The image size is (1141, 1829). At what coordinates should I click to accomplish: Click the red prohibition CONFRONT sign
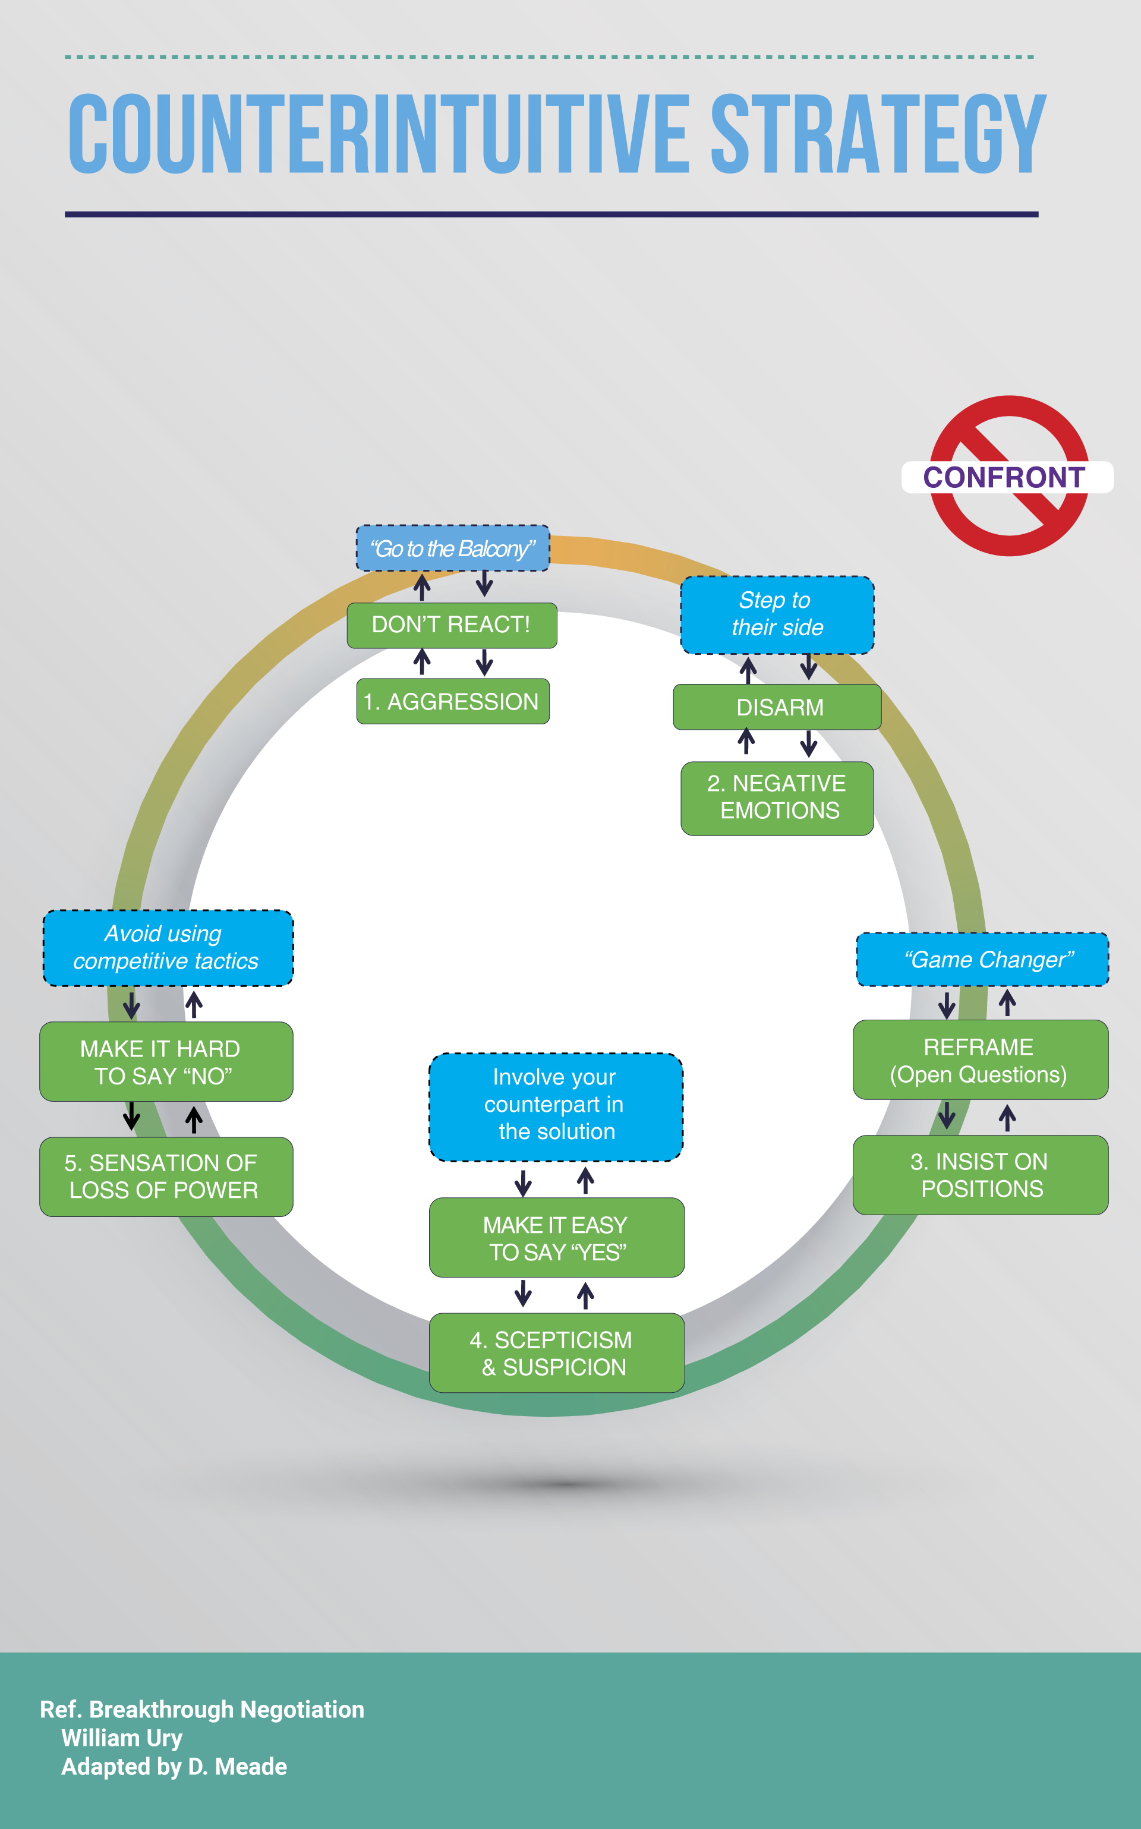pos(1008,476)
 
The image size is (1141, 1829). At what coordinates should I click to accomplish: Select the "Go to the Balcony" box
pos(452,548)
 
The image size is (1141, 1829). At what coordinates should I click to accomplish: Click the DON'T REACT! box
pos(451,625)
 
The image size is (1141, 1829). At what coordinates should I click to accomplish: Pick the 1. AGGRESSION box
pos(452,702)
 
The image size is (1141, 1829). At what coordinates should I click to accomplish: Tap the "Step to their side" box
pos(777,614)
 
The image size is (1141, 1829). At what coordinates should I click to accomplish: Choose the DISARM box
pos(777,707)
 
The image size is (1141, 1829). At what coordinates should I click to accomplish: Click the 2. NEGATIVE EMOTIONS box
pos(777,797)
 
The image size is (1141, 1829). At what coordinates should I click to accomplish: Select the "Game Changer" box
pos(982,959)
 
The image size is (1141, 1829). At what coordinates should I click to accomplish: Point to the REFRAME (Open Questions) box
pos(981,1059)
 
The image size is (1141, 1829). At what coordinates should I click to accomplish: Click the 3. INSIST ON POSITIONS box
pos(981,1175)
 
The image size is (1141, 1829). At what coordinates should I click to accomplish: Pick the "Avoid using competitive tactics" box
pos(168,948)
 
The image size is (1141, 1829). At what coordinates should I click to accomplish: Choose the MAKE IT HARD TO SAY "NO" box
pos(166,1062)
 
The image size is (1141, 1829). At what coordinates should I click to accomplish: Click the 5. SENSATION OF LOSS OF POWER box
pos(166,1177)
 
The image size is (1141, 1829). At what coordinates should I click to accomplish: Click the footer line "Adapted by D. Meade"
pos(174,1767)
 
